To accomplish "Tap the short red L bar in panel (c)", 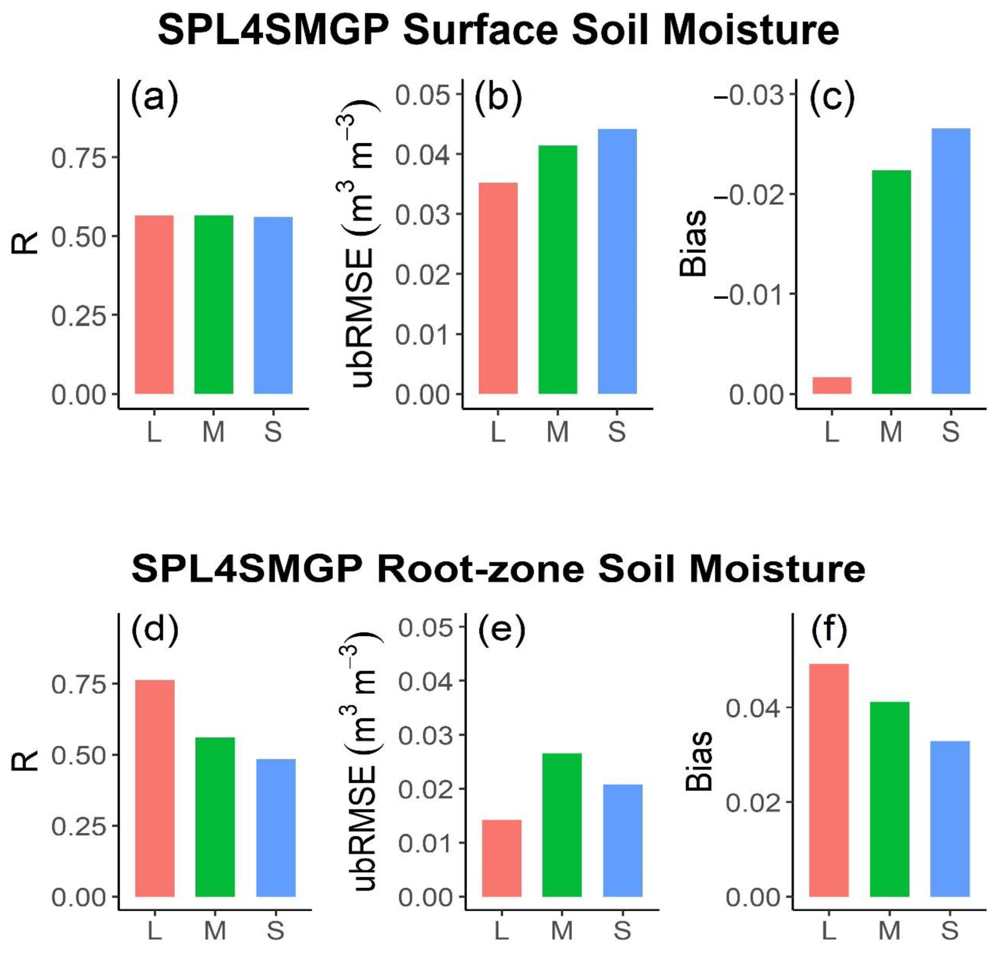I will pos(832,385).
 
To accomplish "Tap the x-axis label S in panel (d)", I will pos(275,930).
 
